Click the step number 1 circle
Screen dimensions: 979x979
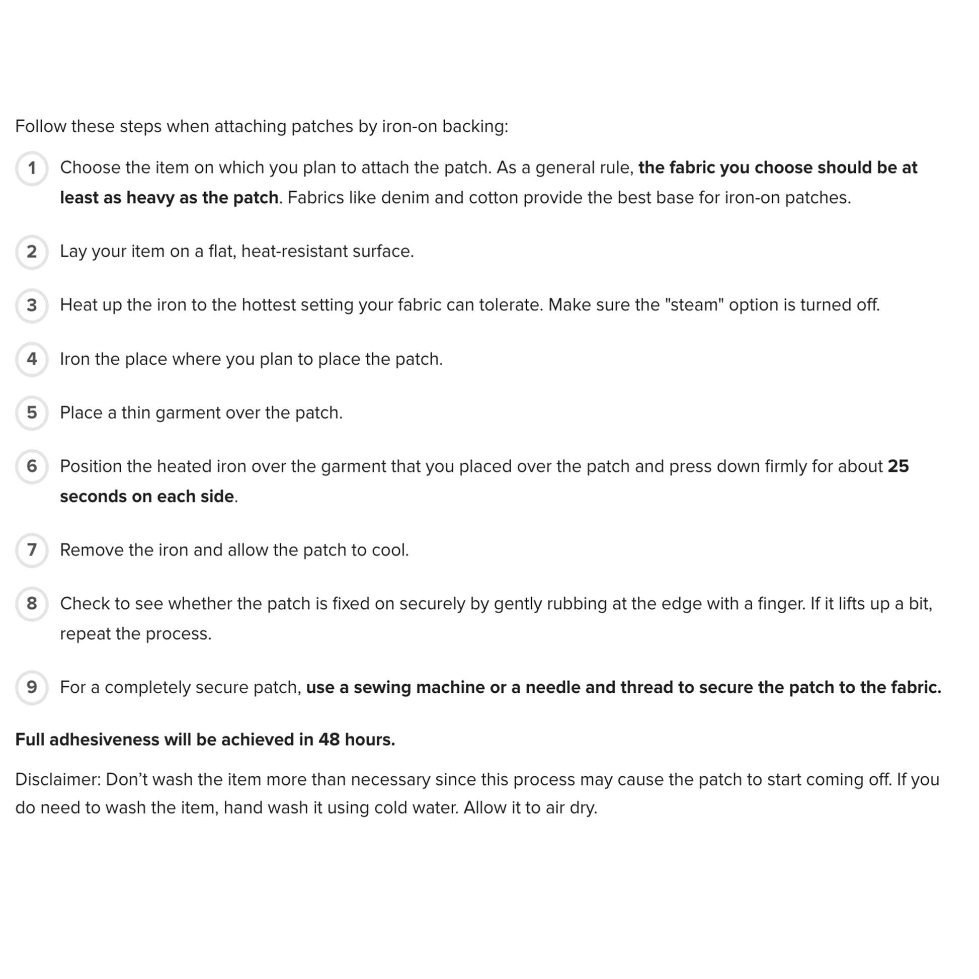pos(31,168)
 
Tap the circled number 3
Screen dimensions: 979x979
pos(31,305)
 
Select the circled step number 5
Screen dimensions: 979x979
pos(31,413)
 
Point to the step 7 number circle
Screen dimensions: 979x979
pos(31,550)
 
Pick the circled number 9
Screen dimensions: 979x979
pos(31,688)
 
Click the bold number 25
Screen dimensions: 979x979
pos(899,466)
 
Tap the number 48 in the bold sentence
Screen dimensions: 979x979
pos(329,740)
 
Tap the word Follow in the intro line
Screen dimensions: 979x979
pos(41,126)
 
